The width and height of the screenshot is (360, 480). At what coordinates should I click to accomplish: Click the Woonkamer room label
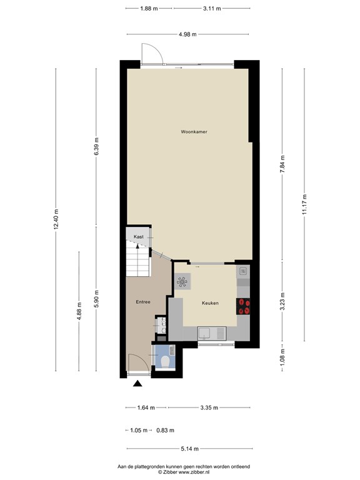194,132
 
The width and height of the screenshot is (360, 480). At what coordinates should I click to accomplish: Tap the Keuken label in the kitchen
210,303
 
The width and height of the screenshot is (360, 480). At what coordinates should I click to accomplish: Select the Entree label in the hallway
143,302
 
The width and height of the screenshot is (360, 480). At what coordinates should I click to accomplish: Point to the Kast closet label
138,237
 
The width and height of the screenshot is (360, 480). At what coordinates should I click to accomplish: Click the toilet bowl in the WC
165,362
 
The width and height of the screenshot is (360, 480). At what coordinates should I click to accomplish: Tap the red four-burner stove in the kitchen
243,306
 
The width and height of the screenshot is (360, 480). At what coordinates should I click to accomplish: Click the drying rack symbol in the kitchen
183,282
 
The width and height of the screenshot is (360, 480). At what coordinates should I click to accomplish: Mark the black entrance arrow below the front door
137,384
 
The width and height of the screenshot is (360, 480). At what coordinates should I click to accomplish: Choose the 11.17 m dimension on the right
304,204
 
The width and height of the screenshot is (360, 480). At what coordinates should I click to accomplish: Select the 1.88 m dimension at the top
149,9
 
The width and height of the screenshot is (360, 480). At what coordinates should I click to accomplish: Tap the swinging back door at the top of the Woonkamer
152,54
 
